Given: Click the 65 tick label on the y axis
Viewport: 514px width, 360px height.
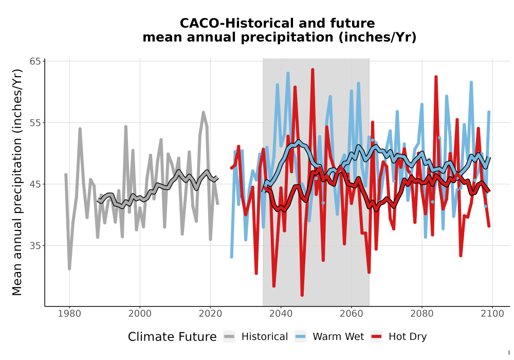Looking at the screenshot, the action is [x=35, y=62].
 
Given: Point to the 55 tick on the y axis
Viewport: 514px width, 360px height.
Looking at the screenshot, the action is [x=35, y=123].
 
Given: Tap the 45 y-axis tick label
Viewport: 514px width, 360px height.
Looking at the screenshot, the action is [x=35, y=184].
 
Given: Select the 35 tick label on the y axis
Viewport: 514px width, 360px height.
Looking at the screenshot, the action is [x=35, y=246].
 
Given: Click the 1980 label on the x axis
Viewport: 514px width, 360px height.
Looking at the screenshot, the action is [x=69, y=314].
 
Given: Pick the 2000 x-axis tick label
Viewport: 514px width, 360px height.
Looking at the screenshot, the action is [x=140, y=314].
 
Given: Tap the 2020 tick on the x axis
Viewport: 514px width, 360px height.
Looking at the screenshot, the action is [x=210, y=314].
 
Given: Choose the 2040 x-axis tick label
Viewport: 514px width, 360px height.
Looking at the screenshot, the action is [x=281, y=314].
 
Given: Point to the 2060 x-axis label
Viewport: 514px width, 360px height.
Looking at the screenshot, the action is [x=351, y=314].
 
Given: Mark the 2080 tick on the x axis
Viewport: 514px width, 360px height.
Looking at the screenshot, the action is [x=422, y=314].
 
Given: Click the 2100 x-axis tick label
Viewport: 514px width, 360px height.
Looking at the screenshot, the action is [x=492, y=314].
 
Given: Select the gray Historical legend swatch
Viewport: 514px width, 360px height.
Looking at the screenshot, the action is [x=229, y=337].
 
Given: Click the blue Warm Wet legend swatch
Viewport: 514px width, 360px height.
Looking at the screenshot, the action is [x=300, y=337].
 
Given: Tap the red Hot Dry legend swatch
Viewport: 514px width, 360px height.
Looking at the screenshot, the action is [x=377, y=337].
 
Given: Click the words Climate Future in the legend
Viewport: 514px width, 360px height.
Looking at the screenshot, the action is [x=172, y=337].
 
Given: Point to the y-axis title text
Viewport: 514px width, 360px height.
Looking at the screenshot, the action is [x=17, y=182].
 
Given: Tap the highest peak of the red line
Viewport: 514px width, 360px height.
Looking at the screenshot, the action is [x=313, y=69].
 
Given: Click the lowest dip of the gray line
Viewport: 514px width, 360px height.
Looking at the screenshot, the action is [x=69, y=269].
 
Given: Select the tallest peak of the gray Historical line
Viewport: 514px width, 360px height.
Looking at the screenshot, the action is [x=203, y=113].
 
